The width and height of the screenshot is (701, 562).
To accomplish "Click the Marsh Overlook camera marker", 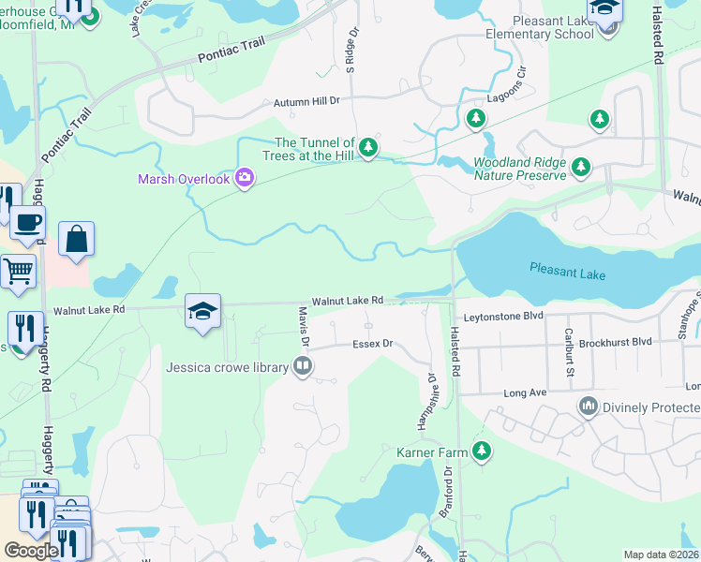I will (245, 177).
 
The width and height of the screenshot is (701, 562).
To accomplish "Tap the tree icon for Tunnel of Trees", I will (369, 147).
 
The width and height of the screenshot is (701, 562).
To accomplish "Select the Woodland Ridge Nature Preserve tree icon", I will (582, 167).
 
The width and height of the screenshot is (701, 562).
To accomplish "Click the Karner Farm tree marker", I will (482, 451).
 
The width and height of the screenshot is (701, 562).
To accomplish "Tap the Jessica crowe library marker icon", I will (302, 366).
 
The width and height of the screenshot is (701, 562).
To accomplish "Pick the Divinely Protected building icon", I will (589, 406).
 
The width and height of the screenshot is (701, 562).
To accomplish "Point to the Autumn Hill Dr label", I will (306, 101).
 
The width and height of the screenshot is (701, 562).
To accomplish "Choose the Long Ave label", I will (525, 392).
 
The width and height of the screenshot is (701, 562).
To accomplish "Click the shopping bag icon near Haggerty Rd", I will (76, 238).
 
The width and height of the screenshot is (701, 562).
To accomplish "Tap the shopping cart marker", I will (18, 272).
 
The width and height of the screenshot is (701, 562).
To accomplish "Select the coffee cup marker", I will (27, 223).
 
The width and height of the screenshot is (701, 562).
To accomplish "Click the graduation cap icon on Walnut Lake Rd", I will (202, 311).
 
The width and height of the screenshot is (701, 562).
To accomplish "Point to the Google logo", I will (30, 551).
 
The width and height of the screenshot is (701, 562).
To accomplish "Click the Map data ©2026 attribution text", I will (661, 555).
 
